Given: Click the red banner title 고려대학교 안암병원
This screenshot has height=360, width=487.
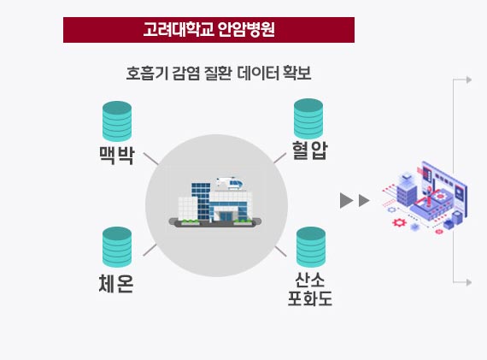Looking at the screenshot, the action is point(208,30).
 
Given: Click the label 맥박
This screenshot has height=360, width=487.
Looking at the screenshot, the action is point(117,155).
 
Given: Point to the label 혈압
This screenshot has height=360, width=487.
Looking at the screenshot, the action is point(309,150).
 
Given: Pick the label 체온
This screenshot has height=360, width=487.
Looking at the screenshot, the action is point(116,284).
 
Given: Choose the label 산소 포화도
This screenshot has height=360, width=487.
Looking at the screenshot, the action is point(310,289).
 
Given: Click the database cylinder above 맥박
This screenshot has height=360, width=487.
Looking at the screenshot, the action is point(117,121).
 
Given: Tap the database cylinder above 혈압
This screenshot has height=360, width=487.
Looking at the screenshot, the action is point(308,119).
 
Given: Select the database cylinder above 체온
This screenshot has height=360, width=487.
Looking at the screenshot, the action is point(117,247).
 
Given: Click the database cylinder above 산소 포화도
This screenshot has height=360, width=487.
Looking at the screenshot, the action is point(311,247).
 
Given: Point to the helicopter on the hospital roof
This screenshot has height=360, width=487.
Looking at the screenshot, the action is point(230,183).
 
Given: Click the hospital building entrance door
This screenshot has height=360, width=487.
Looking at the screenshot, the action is point(226,216).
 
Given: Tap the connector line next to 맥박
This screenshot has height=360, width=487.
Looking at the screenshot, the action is point(151,158).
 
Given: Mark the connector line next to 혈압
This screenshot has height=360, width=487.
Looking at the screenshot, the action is point(280,158).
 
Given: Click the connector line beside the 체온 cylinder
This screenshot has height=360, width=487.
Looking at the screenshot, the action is point(150,250).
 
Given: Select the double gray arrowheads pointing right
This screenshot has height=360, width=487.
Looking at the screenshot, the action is point(355,200).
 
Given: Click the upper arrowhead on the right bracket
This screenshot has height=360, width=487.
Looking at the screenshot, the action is point(469,80).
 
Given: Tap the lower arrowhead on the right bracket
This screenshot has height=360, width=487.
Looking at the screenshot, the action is point(469,282).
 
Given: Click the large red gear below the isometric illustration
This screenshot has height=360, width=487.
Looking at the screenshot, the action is point(399,222).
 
